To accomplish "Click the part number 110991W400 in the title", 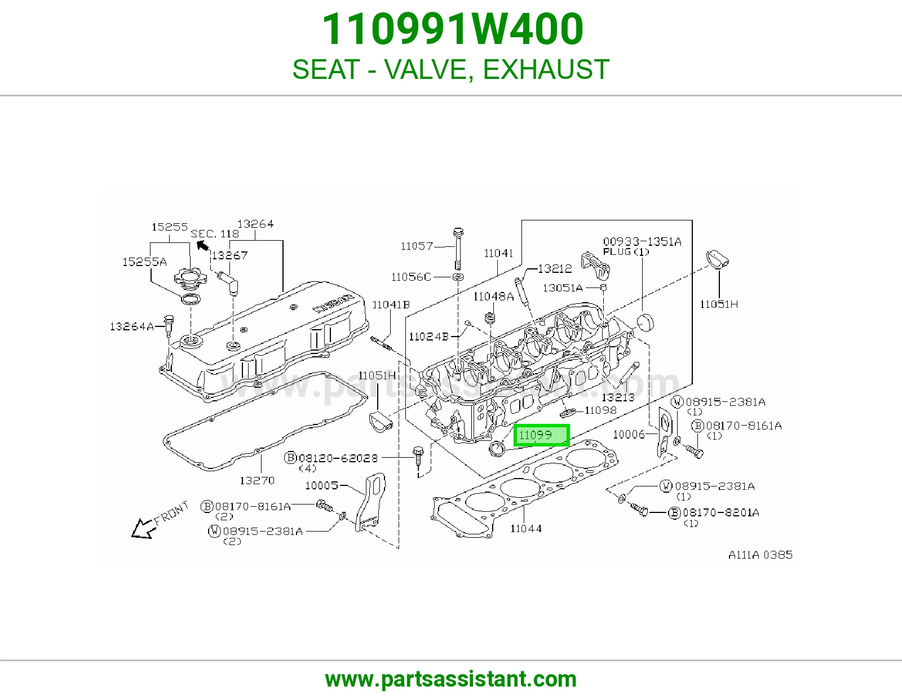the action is pos(453,29).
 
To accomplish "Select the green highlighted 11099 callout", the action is pos(541,435).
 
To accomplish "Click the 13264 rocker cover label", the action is pos(255,224).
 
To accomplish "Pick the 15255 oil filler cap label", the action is pos(169,227).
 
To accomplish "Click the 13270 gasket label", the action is pos(257,481).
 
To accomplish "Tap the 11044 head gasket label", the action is pos(526,528).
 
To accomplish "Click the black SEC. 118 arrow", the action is pos(202,245).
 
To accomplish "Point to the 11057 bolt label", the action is pos(417,246).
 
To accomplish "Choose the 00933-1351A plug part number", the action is pos(642,242).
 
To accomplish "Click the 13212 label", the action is pos(555,269).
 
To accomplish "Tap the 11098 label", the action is pos(600,410).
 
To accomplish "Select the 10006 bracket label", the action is pos(629,435).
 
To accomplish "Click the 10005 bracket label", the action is pos(322,486).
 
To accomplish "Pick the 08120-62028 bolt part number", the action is pos(338,458).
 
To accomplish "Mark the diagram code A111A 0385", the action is pos(760,555).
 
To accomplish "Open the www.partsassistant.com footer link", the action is pos(451,679).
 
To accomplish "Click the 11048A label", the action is pos(493,297).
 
